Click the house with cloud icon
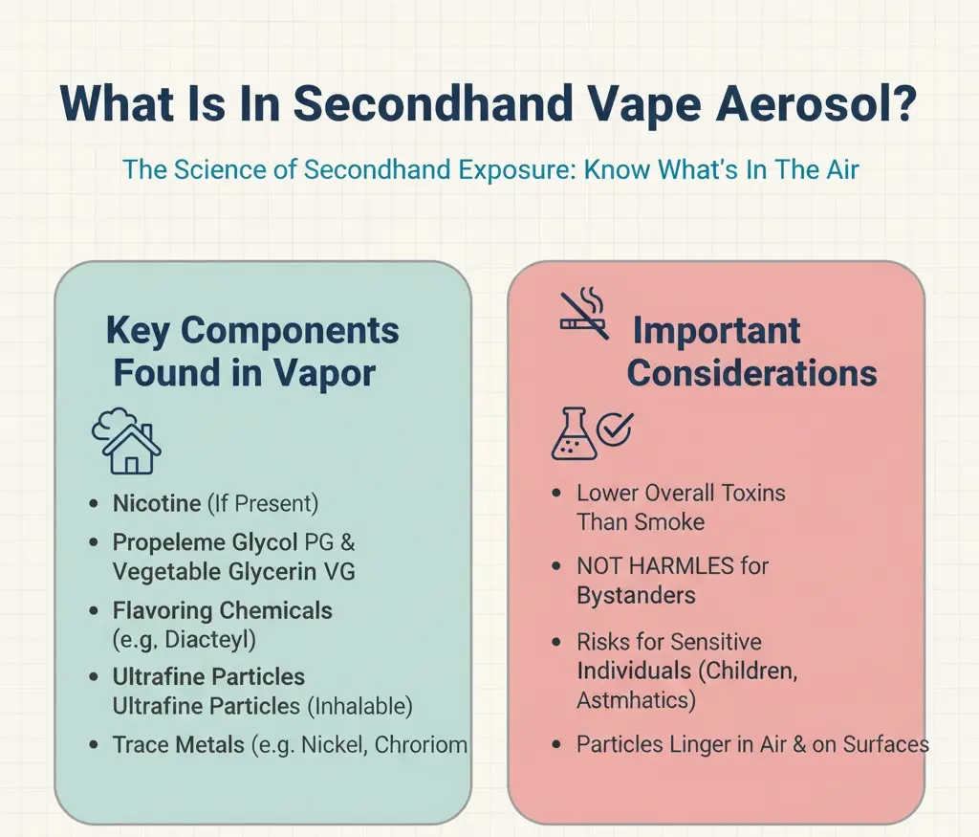(x=126, y=441)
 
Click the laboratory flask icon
(x=571, y=435)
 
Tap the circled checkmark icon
(x=614, y=430)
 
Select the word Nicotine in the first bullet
(x=156, y=503)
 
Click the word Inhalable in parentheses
(x=362, y=706)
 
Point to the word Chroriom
(x=421, y=744)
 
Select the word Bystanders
(x=636, y=595)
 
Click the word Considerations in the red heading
(x=751, y=373)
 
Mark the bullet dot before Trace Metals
(x=93, y=744)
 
